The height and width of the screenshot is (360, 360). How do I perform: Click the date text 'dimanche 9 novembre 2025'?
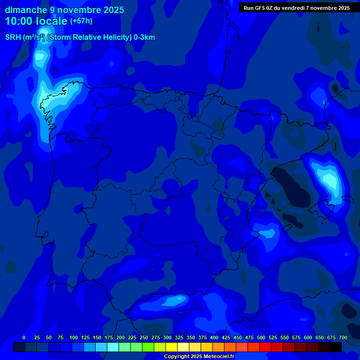point(64,10)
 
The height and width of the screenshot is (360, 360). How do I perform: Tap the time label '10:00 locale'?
point(37,21)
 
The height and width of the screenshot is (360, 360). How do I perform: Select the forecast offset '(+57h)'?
point(81,21)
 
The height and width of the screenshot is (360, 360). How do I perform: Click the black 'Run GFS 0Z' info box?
point(297,7)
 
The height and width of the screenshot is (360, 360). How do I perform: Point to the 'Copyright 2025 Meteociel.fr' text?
point(199,357)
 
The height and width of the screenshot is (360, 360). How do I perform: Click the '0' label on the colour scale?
point(24,337)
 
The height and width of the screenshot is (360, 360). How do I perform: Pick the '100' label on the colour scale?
point(74,337)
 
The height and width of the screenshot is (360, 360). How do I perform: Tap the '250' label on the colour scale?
point(144,337)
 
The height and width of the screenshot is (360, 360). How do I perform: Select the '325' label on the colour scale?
point(179,337)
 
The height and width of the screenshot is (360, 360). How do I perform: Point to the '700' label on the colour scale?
point(343,337)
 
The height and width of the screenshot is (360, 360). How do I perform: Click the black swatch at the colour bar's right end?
point(336,347)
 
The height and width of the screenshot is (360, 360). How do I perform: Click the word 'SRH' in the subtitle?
point(13,37)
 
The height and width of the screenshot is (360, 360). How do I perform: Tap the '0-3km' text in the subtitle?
point(144,37)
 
